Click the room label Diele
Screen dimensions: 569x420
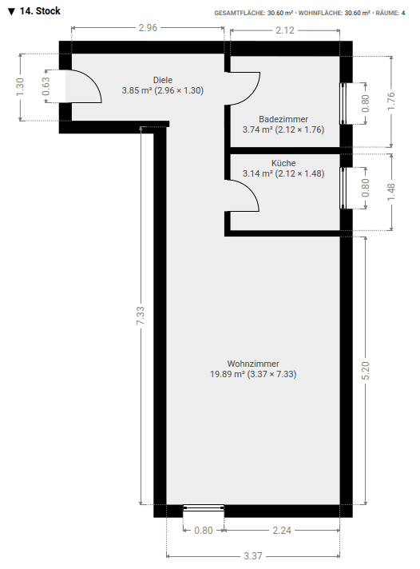coord(162,80)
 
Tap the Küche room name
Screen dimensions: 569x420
coord(283,162)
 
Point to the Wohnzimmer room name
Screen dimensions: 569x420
coord(253,363)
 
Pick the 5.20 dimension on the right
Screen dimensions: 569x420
coord(365,371)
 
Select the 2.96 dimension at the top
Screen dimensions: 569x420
coord(148,28)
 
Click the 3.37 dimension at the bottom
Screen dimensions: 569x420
coord(252,556)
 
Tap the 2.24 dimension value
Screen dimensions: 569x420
coord(281,529)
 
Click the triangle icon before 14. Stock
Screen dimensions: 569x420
coord(11,12)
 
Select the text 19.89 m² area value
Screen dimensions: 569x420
coord(228,373)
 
